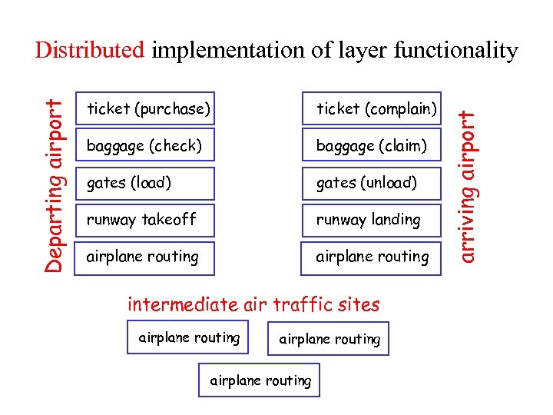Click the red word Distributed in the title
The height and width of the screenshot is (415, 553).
(x=89, y=51)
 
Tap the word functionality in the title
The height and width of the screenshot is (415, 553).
(x=456, y=51)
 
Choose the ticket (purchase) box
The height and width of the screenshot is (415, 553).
(x=146, y=108)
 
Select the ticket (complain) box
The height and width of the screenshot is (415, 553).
(x=373, y=108)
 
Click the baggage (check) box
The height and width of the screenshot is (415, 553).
(x=146, y=145)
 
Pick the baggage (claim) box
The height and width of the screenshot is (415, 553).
(x=373, y=145)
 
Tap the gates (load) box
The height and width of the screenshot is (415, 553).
(x=146, y=183)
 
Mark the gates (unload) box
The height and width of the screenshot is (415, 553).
(x=373, y=183)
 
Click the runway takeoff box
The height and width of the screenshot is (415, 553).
(x=146, y=220)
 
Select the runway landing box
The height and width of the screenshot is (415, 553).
(x=373, y=220)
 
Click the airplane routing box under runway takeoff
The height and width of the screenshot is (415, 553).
(x=146, y=257)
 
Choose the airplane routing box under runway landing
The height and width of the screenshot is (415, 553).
(x=373, y=257)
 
